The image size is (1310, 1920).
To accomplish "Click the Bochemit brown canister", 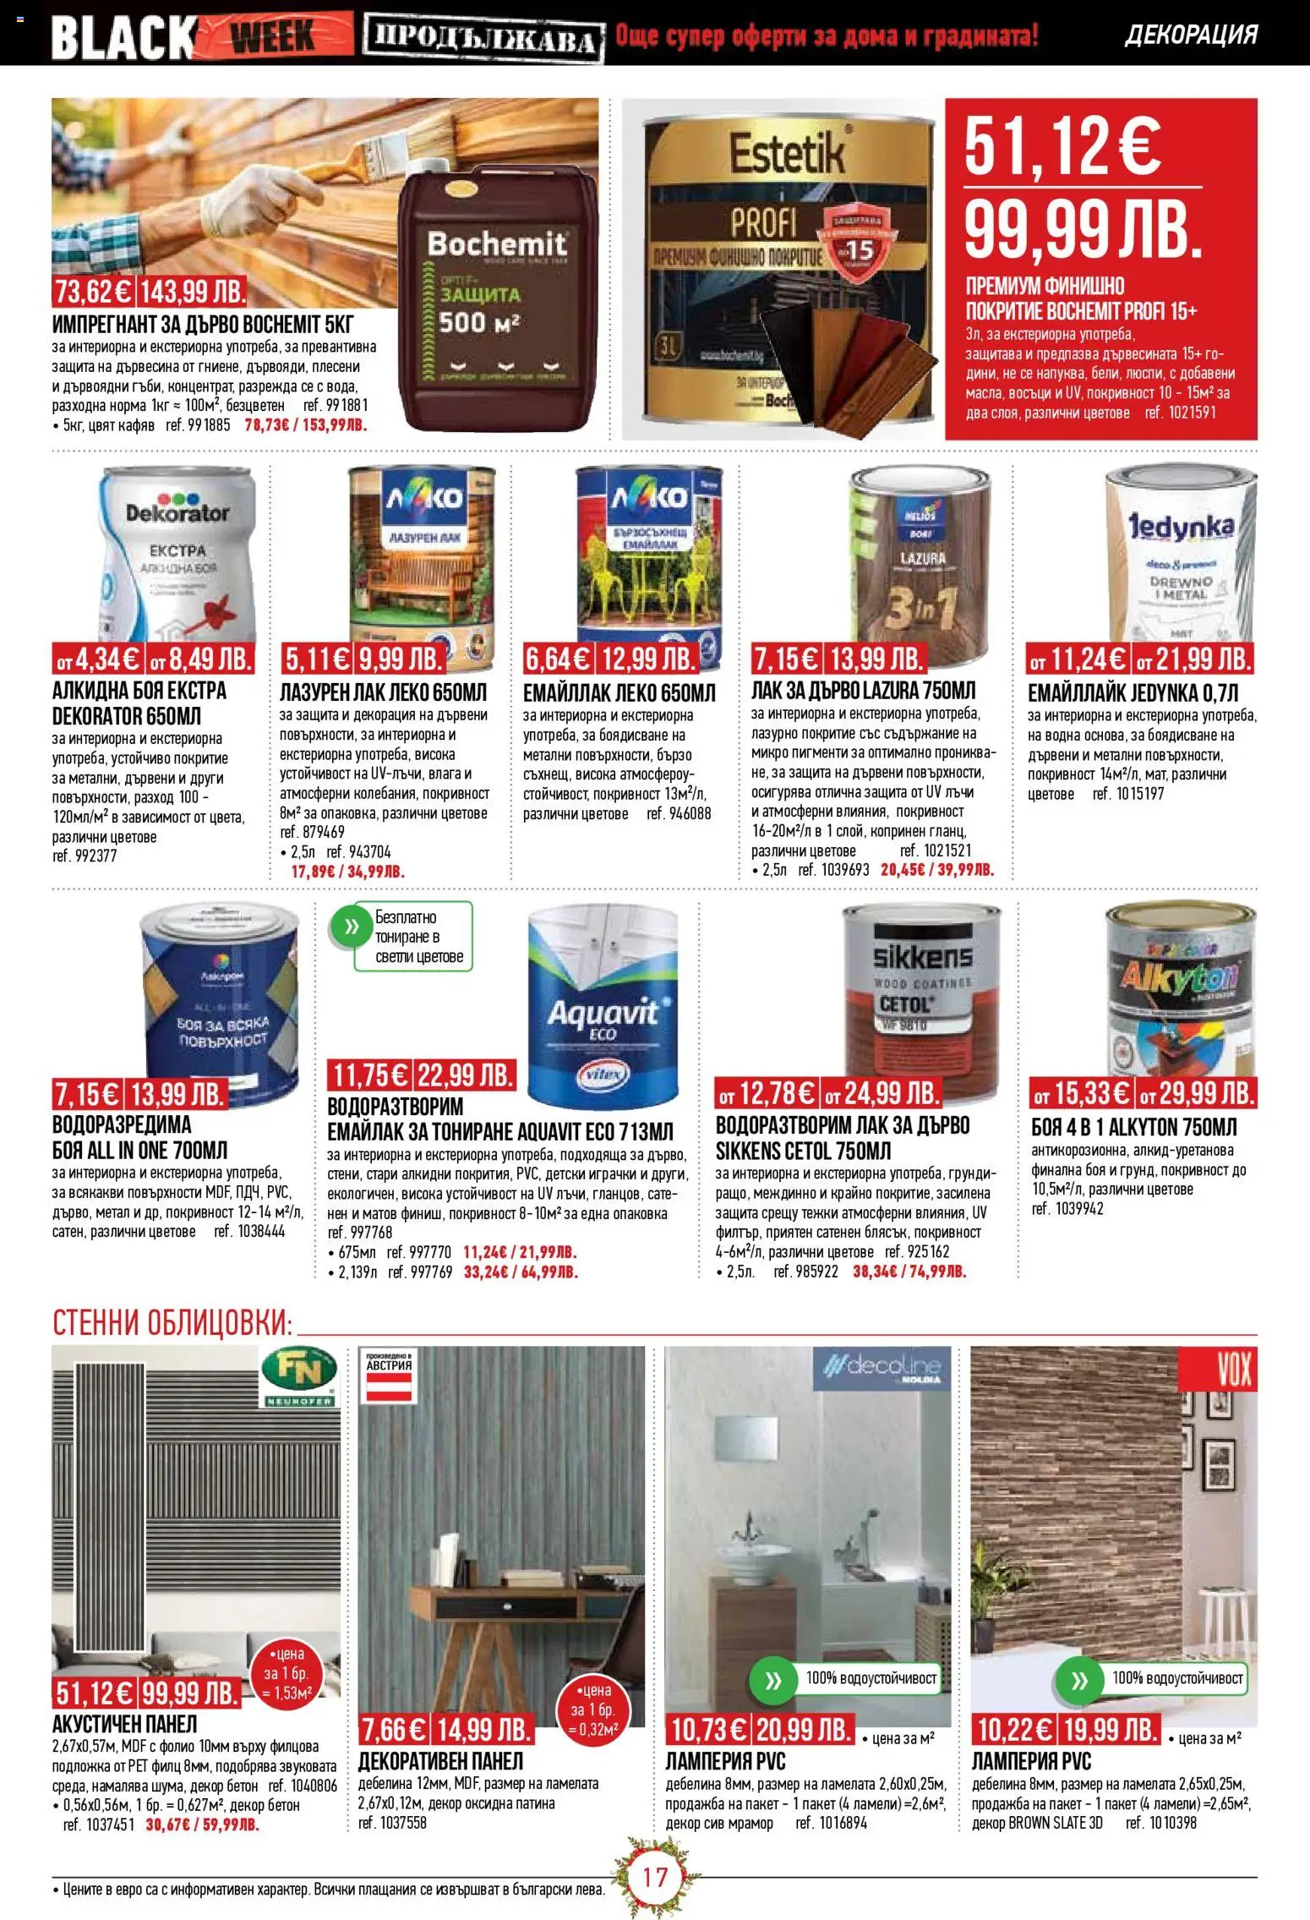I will coord(497,296).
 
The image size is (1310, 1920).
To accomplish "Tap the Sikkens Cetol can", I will coord(921,993).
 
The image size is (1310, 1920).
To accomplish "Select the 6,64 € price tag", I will coord(559,659).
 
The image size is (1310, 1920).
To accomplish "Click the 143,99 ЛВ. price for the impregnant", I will coord(192,292).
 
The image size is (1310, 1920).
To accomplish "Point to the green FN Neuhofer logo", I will coord(300,1377).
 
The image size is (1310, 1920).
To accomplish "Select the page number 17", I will coord(655,1878).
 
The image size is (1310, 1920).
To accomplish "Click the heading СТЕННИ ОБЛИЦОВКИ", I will coord(172,1323).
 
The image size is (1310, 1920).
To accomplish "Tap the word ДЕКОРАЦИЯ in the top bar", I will coord(1191,35).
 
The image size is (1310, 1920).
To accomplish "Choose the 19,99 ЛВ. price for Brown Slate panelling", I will coord(1111,1730).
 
